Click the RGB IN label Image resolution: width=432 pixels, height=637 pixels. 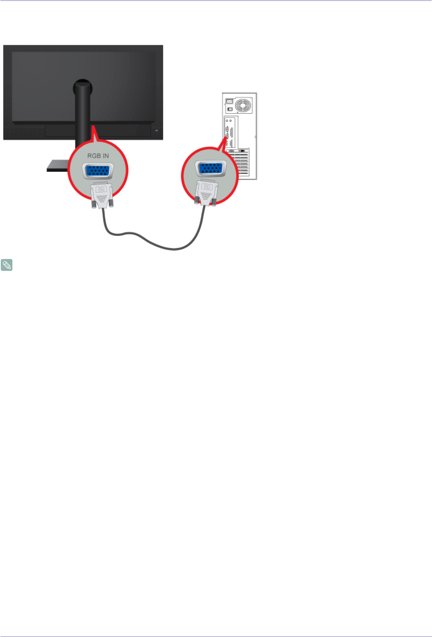coord(98,156)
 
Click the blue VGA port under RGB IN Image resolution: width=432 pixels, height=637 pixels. coord(97,172)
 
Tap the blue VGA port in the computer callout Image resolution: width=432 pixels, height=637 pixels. coord(210,168)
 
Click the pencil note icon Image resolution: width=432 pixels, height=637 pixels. coord(7,265)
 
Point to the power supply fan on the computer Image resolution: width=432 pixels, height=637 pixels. coord(243,105)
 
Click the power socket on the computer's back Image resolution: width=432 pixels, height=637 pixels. coord(230,101)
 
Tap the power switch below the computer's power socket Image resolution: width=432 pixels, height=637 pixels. coord(230,109)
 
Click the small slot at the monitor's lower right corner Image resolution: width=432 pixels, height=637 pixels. coord(156,131)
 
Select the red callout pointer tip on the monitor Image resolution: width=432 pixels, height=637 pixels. coord(92,127)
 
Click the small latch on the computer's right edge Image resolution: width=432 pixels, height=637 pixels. coord(255,137)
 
